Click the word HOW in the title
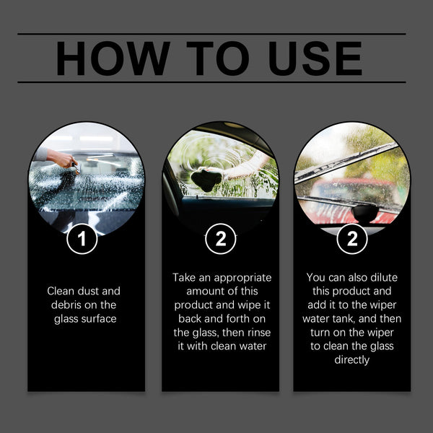112,59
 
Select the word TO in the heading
209,59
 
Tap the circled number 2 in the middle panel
220,239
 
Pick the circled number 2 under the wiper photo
351,239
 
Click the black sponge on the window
207,180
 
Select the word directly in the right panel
351,360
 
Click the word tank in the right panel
362,319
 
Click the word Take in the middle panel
185,277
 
